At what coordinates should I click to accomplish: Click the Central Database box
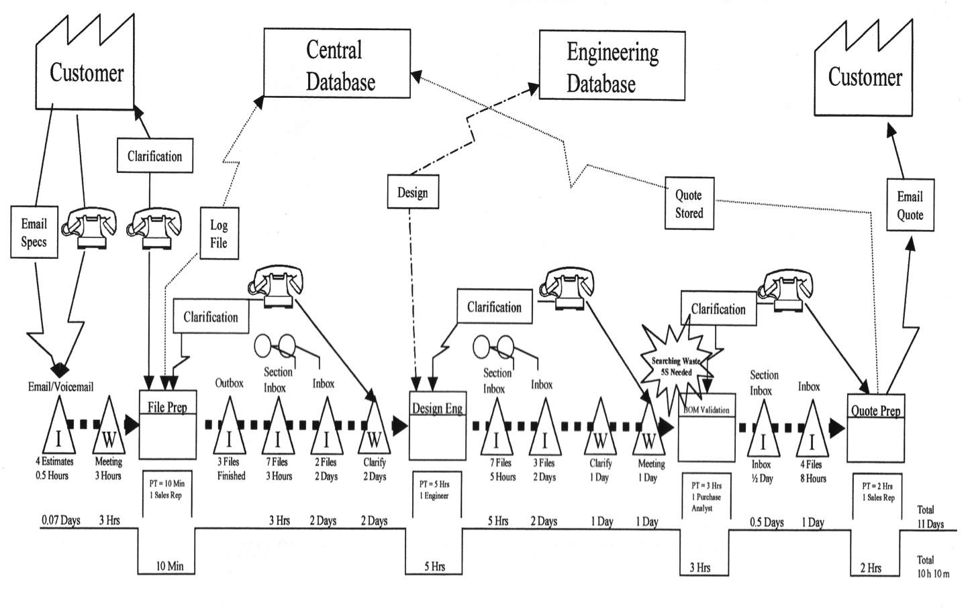[x=336, y=64]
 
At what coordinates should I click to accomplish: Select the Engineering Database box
[x=612, y=66]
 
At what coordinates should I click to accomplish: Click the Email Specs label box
[x=34, y=233]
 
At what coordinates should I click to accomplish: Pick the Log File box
[x=219, y=234]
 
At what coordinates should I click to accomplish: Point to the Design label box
[x=412, y=192]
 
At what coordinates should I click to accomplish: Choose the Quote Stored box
[x=689, y=204]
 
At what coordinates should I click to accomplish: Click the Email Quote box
[x=910, y=205]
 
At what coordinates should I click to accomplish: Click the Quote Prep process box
[x=875, y=428]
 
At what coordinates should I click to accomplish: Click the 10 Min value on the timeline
[x=169, y=566]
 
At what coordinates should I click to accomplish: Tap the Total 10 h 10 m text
[x=933, y=567]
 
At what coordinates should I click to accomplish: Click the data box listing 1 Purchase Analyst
[x=705, y=497]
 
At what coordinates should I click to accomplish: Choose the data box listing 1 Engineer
[x=435, y=491]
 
